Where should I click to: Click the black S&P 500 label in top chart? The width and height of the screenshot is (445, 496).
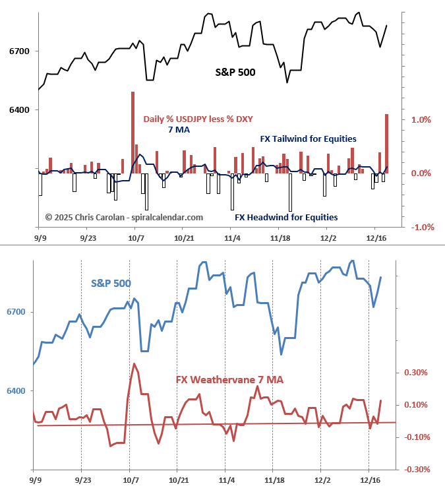(x=235, y=72)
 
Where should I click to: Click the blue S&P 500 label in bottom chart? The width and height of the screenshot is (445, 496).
(x=111, y=283)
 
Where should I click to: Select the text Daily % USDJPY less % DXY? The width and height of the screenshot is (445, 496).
(x=198, y=119)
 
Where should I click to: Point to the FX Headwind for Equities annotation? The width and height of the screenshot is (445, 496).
(x=286, y=217)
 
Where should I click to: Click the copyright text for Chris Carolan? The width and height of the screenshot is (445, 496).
(x=124, y=217)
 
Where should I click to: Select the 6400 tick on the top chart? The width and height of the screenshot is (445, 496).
(x=18, y=110)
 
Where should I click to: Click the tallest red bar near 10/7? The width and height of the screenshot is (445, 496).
(x=133, y=132)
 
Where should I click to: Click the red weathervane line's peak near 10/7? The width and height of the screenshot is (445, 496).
(x=134, y=363)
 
